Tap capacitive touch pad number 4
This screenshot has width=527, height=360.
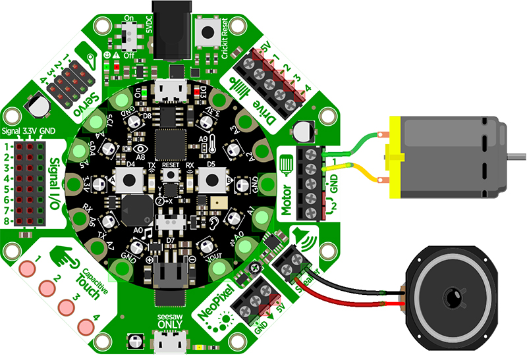click(x=86, y=327)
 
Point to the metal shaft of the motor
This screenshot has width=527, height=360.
click(x=516, y=156)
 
